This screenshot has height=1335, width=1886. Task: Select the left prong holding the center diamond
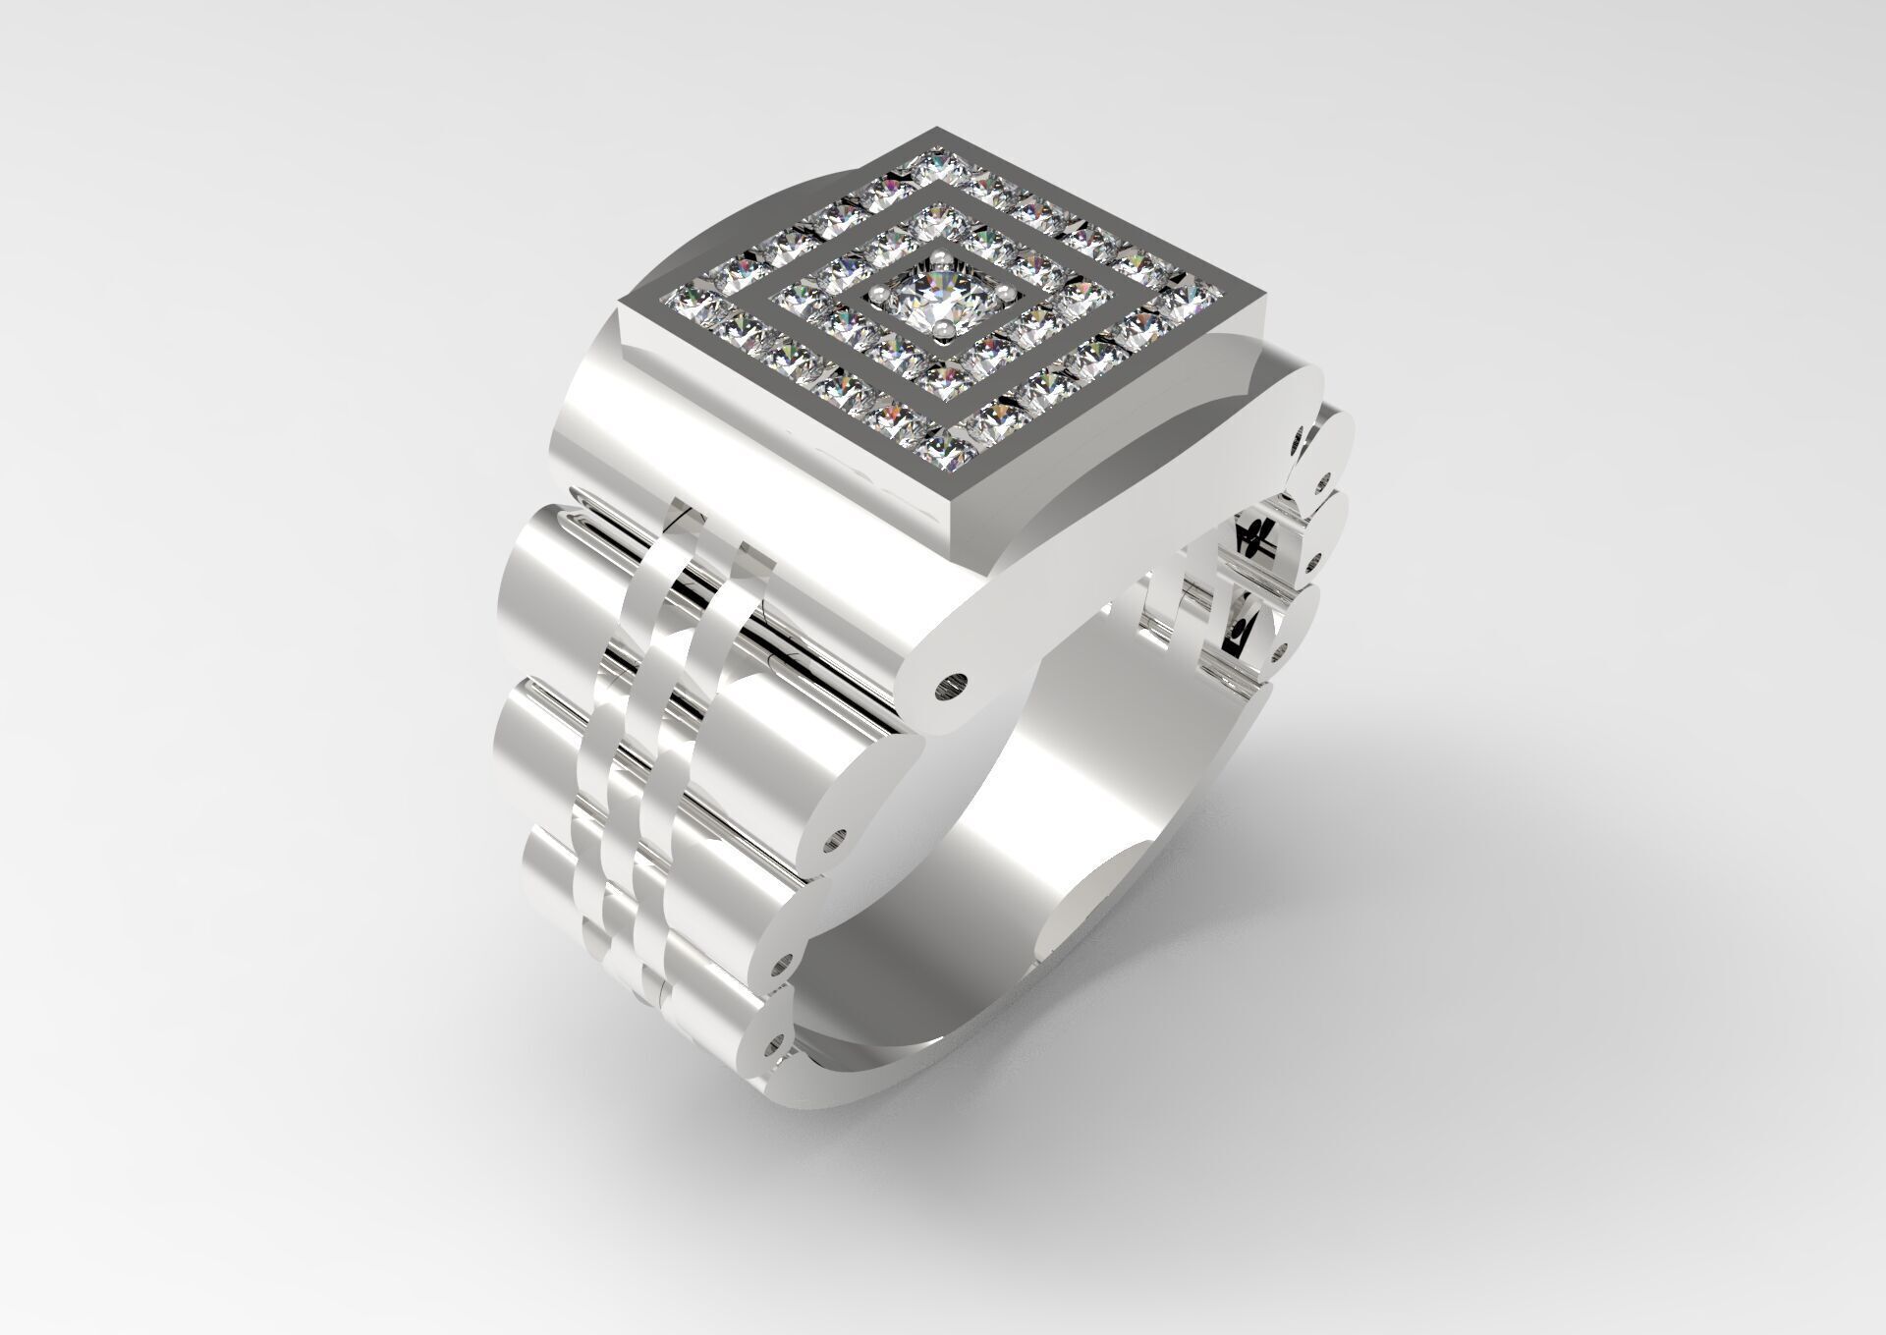(877, 293)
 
